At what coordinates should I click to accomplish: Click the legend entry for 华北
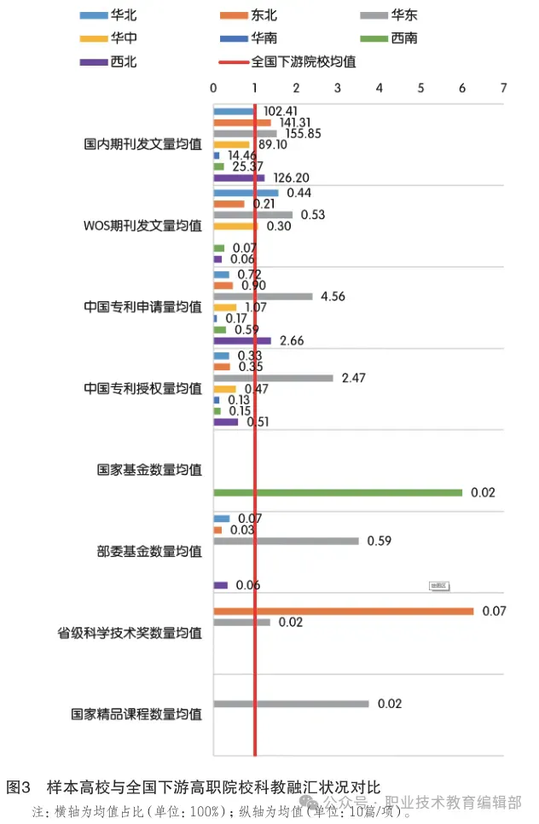click(x=111, y=15)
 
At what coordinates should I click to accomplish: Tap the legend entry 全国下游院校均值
click(x=290, y=61)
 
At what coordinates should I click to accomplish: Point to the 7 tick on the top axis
click(x=503, y=88)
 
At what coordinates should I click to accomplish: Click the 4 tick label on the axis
click(x=379, y=88)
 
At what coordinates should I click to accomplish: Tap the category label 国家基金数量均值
click(x=149, y=470)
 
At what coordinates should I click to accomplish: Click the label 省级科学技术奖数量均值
click(x=130, y=633)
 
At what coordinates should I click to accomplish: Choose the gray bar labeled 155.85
click(x=245, y=133)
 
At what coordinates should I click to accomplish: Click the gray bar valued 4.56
click(x=263, y=296)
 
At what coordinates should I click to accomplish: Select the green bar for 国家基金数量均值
click(x=338, y=492)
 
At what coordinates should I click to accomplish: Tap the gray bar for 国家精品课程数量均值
click(x=291, y=704)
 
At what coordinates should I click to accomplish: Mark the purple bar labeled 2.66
click(x=242, y=340)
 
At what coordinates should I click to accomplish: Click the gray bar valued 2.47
click(x=273, y=378)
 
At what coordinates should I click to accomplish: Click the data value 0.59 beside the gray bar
click(x=379, y=541)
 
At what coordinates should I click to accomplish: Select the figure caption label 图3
click(x=19, y=786)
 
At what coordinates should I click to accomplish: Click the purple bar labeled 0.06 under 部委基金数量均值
click(x=220, y=585)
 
